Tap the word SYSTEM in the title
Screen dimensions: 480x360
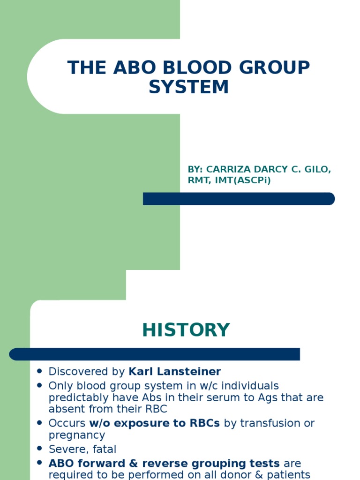[188, 87]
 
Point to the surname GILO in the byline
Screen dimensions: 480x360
[316, 169]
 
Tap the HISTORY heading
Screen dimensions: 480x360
[186, 330]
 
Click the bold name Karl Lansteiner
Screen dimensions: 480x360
[174, 372]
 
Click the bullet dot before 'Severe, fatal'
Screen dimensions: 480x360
[40, 449]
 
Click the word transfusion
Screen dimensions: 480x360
[269, 423]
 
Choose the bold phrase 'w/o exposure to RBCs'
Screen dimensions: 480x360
[154, 423]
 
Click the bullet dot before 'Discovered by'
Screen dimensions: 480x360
[40, 371]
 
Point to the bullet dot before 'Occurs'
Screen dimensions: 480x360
[40, 422]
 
